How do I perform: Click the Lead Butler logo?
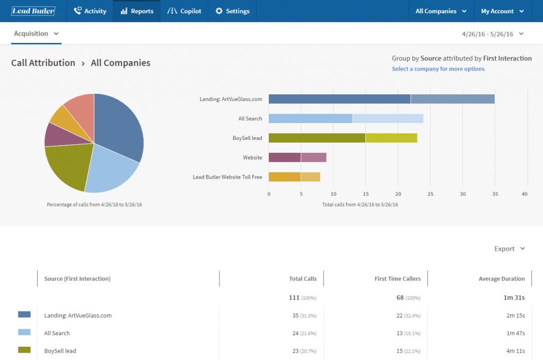point(33,11)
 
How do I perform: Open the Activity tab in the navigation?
point(90,11)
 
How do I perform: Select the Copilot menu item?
point(184,11)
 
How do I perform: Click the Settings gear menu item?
point(232,11)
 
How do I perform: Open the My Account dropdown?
point(502,11)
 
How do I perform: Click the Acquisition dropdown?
point(36,33)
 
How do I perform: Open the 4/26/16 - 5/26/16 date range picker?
point(493,34)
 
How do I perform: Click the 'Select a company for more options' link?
point(438,69)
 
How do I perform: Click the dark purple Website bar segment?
point(284,157)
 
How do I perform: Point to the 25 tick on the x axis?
point(430,194)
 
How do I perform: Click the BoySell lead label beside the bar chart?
point(247,138)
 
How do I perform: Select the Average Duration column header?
point(501,278)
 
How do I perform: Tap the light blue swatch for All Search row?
point(24,332)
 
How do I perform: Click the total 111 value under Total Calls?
point(294,297)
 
